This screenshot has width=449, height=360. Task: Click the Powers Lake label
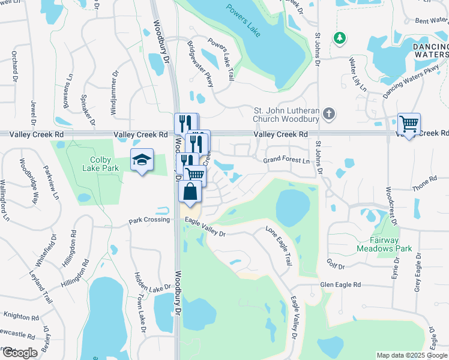point(243,20)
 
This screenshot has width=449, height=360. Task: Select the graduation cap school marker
point(142,160)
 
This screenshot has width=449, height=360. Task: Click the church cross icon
point(328,113)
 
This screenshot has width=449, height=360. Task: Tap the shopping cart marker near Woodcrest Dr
point(409,124)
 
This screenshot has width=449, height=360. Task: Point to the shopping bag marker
point(190,193)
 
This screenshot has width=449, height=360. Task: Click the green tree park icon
point(340,38)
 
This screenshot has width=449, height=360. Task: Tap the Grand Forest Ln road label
point(286,161)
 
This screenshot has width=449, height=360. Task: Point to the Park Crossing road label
point(149,221)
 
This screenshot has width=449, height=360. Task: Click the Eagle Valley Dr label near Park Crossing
point(205,228)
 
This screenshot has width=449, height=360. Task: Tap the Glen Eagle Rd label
point(340,285)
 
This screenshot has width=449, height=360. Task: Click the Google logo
point(19,353)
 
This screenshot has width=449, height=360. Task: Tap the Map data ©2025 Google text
point(412,355)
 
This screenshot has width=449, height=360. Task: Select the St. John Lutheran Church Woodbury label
point(286,114)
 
